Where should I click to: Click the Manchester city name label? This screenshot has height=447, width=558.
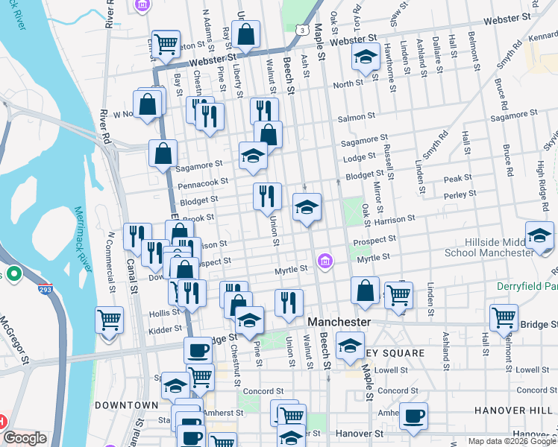point(339,321)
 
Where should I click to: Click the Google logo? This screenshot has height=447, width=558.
point(25,439)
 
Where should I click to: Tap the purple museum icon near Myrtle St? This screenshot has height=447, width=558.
point(325,261)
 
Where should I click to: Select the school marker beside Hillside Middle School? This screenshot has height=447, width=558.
point(539,235)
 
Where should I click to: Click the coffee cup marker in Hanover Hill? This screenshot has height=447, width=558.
point(413,416)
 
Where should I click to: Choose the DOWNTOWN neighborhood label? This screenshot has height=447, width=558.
point(127,405)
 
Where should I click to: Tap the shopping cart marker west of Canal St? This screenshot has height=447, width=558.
point(110,320)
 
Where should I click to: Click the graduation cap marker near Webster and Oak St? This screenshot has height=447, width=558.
point(366,57)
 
